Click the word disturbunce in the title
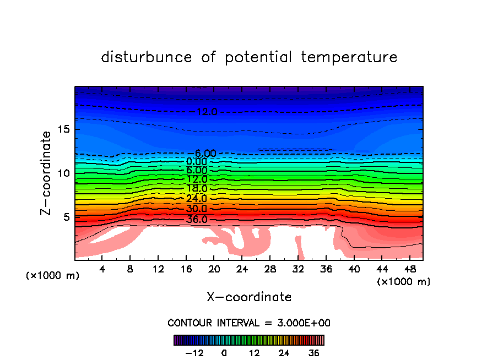coord(147,57)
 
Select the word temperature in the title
coord(349,57)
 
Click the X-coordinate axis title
coord(249,297)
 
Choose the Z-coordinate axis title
coord(47,173)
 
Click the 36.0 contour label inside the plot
coord(197,219)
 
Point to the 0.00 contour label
coord(197,162)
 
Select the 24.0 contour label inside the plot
coord(197,198)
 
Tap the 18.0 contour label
coord(197,188)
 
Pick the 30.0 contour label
coord(197,209)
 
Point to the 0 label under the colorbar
coord(224,353)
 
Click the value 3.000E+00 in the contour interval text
coord(301,323)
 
